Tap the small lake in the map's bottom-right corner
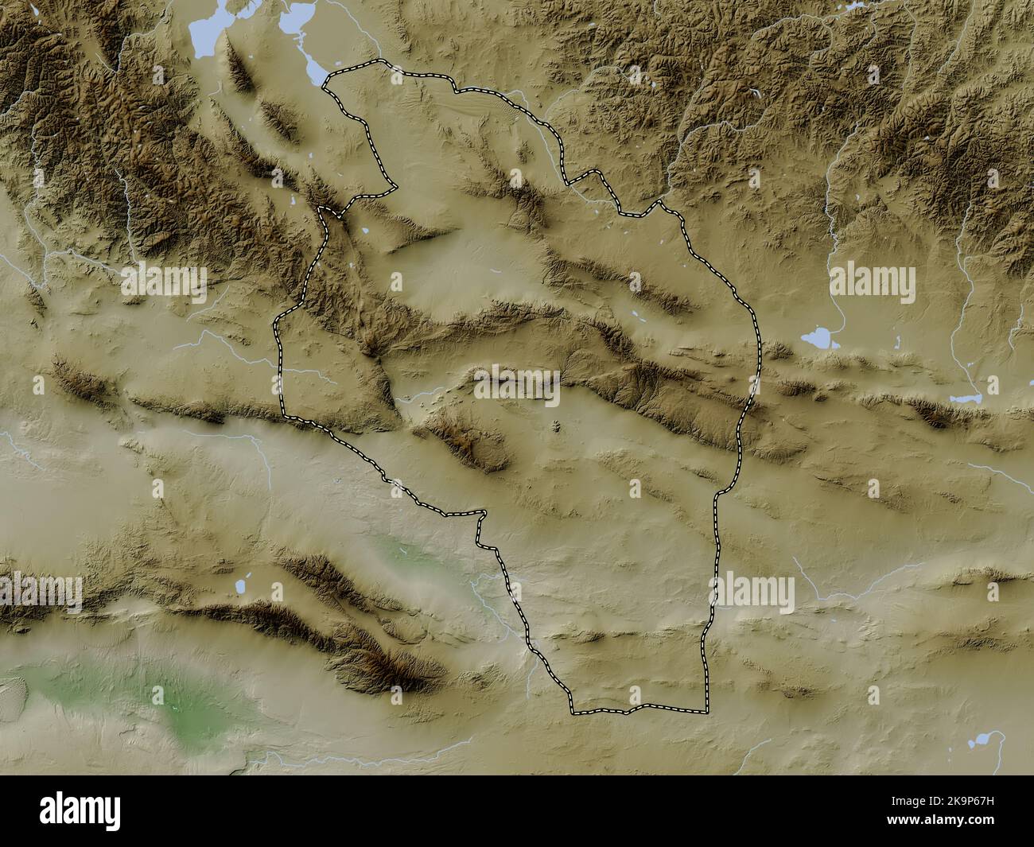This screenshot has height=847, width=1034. click(x=982, y=742)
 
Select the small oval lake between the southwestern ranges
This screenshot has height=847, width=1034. click(x=238, y=587)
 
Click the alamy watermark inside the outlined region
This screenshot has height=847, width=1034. click(x=516, y=386)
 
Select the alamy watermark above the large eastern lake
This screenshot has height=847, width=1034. click(x=873, y=281)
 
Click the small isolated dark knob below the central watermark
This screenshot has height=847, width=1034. click(x=555, y=428)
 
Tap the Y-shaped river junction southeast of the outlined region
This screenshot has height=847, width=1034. click(x=820, y=596)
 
